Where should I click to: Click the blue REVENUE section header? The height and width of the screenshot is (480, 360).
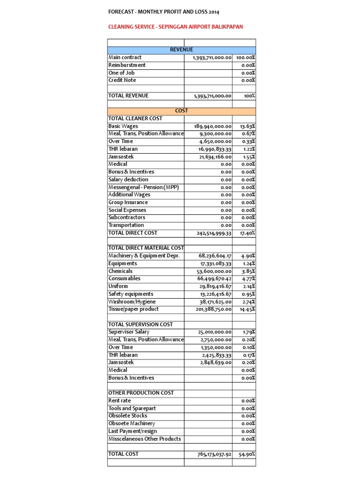point(181,50)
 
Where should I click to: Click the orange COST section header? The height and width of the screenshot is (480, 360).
point(181,111)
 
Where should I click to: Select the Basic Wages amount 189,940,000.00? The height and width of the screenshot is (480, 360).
point(212,127)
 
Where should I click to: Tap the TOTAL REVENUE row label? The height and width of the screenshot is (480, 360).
point(128,96)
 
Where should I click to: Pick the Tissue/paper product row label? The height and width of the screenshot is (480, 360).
point(134,309)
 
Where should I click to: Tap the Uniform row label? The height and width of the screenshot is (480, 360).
point(118,286)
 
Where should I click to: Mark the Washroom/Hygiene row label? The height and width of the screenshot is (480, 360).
point(132,302)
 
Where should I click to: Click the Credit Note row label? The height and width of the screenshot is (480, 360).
point(122,80)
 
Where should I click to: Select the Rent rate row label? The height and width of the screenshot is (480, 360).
point(120,401)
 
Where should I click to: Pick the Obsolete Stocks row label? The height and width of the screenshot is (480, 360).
point(127,416)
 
